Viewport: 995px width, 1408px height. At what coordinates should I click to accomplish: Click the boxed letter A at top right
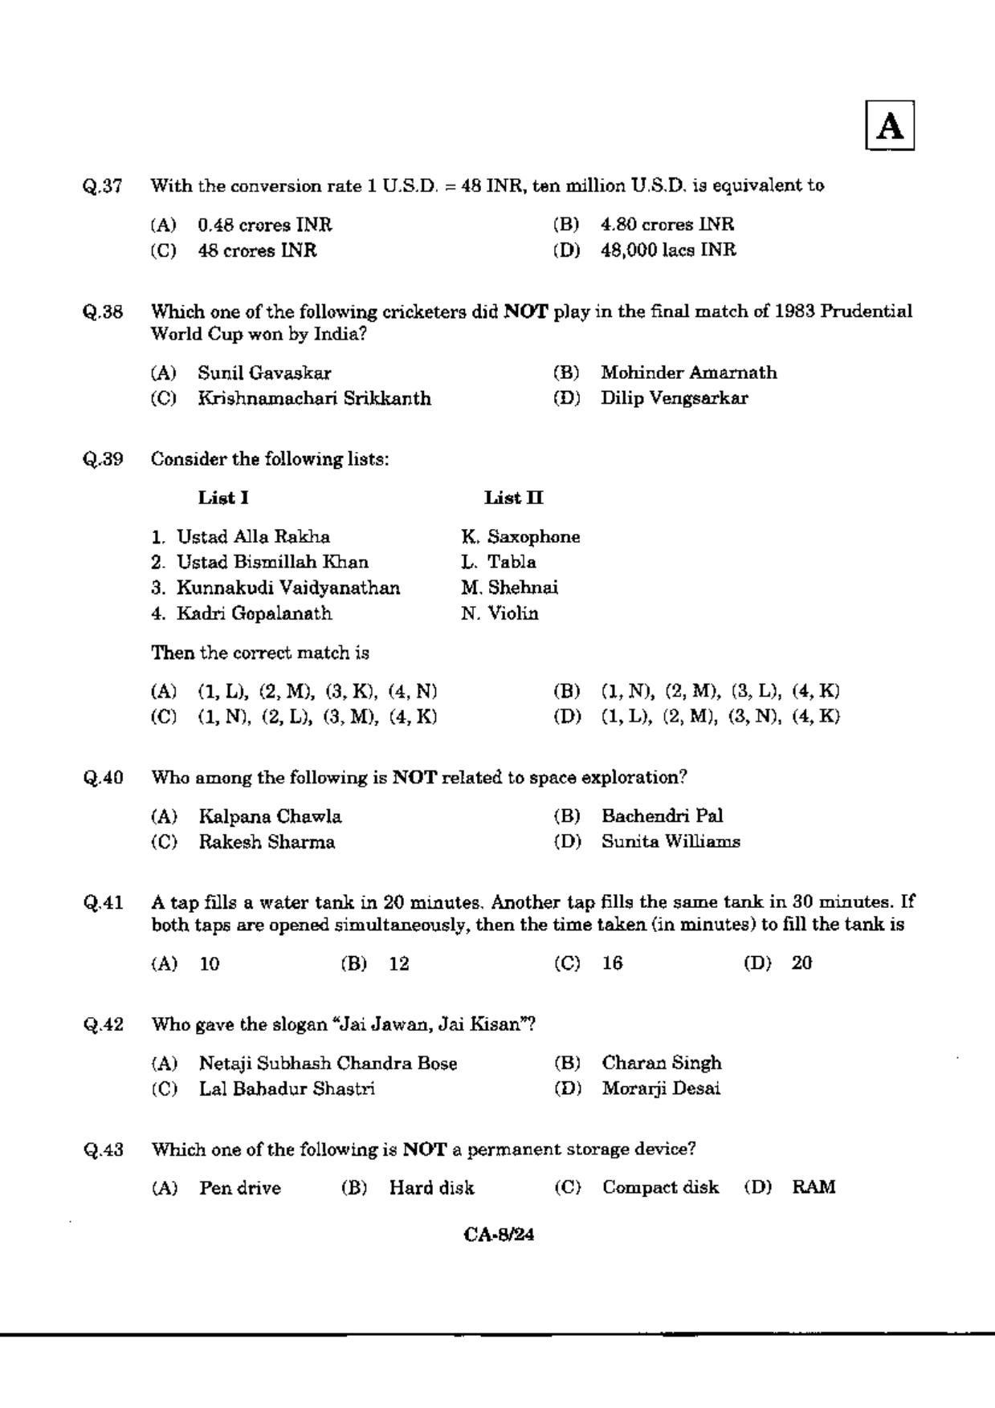pos(890,126)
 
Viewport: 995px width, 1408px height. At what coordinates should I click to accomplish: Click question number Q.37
pos(103,186)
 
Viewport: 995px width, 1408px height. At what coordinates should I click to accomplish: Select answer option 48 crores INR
pos(257,250)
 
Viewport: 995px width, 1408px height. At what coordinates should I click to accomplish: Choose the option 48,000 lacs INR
pos(668,250)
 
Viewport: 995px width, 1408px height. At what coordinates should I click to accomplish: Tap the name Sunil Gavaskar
pos(264,372)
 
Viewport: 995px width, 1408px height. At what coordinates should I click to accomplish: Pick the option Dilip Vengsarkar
pos(674,398)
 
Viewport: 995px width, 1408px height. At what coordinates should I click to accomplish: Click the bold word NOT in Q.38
pos(525,311)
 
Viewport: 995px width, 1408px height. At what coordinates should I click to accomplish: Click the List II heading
pos(514,498)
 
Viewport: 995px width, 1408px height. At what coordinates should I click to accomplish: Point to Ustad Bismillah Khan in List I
pos(272,562)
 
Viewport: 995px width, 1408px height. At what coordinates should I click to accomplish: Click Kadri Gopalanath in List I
pos(254,613)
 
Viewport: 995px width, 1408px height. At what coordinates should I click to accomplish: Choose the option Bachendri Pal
pos(662,816)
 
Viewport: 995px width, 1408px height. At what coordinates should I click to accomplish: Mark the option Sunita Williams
pos(671,842)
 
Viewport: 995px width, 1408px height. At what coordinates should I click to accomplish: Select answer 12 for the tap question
pos(399,963)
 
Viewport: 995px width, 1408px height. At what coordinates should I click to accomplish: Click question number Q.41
pos(103,903)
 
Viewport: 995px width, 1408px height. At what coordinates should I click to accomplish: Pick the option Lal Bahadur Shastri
pos(287,1089)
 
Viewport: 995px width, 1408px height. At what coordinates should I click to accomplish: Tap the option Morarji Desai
pos(661,1089)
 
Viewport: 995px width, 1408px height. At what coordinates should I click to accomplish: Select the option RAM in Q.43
pos(814,1188)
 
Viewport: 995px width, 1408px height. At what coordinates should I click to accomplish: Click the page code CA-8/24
pos(499,1235)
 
